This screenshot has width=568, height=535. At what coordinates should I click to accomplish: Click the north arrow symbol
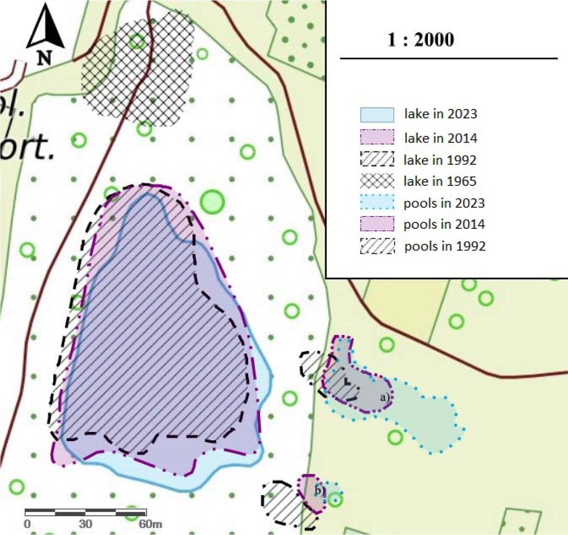click(x=45, y=29)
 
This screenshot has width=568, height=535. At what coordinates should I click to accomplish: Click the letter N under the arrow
click(x=44, y=59)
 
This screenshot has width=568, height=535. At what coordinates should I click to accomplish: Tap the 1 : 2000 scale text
click(x=420, y=39)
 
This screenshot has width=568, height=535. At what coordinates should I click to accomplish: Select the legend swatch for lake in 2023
click(x=377, y=114)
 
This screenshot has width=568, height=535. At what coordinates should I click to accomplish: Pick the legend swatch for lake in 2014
click(x=377, y=137)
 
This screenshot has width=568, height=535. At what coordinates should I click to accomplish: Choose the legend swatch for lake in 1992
click(x=377, y=160)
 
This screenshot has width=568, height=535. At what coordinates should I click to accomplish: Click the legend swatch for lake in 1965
click(x=377, y=181)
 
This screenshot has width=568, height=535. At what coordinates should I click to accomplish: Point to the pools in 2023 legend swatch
click(x=377, y=203)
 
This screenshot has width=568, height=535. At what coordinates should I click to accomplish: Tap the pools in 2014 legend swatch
click(x=377, y=224)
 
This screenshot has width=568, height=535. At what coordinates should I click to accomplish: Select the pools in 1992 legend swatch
click(x=377, y=246)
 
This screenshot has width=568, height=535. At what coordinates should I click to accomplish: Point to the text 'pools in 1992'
click(x=445, y=246)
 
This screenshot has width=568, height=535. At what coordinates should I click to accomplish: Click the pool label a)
click(x=384, y=396)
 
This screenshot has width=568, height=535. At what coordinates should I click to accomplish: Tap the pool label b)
click(x=319, y=491)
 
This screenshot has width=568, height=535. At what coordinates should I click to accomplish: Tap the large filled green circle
click(x=212, y=201)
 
